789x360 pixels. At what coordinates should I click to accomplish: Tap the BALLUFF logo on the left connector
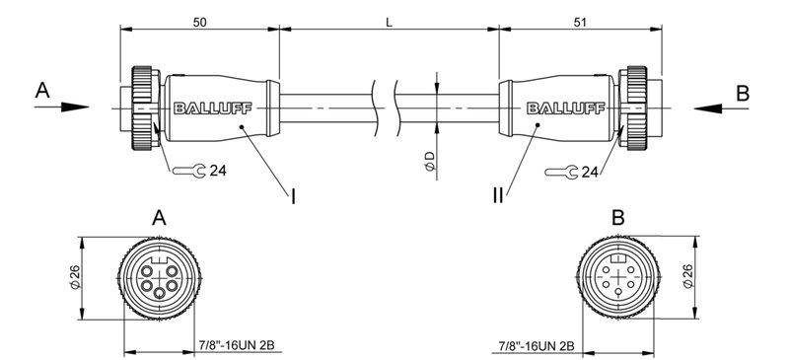[205, 108]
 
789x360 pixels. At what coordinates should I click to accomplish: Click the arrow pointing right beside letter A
[65, 108]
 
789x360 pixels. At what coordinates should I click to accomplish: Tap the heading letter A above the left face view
[158, 217]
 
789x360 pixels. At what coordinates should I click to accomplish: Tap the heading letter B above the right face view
[617, 217]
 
